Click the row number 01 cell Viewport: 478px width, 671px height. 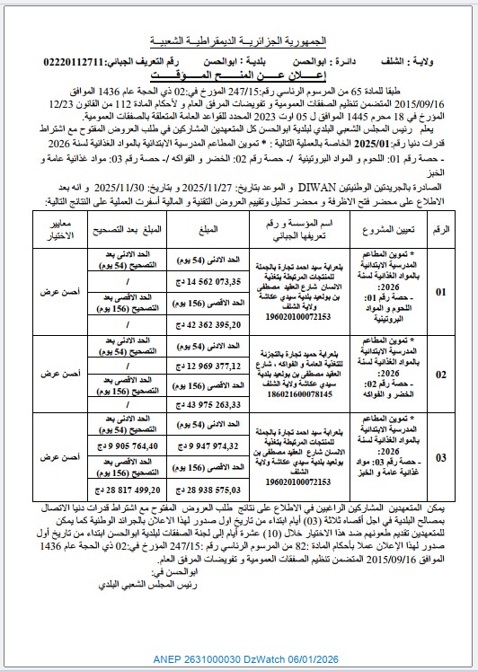440,291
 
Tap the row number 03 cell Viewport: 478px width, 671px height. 440,457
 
